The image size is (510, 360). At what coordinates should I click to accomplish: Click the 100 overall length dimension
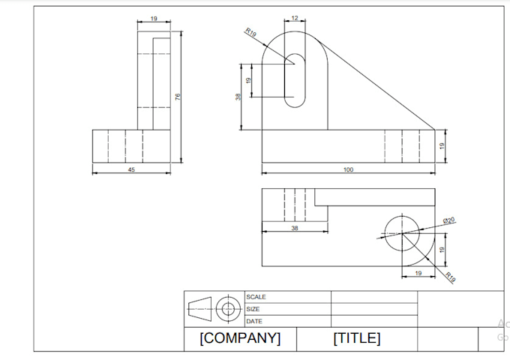[348, 169]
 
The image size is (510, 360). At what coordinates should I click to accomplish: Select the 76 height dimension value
[178, 97]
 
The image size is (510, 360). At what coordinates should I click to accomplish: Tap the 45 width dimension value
[131, 169]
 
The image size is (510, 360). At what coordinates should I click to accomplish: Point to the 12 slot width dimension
[295, 18]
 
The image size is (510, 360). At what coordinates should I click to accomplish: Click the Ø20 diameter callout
[448, 220]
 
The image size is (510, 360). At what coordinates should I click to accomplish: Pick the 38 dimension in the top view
[295, 228]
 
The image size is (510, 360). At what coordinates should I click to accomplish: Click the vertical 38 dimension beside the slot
[238, 97]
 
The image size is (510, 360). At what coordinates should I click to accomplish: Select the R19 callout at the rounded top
[250, 32]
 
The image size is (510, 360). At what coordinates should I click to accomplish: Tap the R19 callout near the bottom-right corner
[450, 277]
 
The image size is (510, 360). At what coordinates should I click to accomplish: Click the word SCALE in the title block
[256, 297]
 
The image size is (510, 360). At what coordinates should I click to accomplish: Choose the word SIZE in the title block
[253, 309]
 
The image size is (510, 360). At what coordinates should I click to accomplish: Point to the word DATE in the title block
[254, 321]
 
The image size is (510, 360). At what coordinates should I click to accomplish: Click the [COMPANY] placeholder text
[240, 338]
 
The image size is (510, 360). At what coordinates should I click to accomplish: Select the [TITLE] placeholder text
[357, 338]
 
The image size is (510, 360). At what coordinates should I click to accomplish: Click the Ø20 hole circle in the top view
[402, 233]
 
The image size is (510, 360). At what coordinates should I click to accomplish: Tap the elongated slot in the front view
[295, 81]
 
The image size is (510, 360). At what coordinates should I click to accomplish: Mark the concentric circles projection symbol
[228, 308]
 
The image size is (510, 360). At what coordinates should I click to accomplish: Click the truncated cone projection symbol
[199, 308]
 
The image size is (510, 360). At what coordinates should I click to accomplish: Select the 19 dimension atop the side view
[154, 19]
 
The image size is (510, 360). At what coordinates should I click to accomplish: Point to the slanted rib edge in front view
[376, 85]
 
